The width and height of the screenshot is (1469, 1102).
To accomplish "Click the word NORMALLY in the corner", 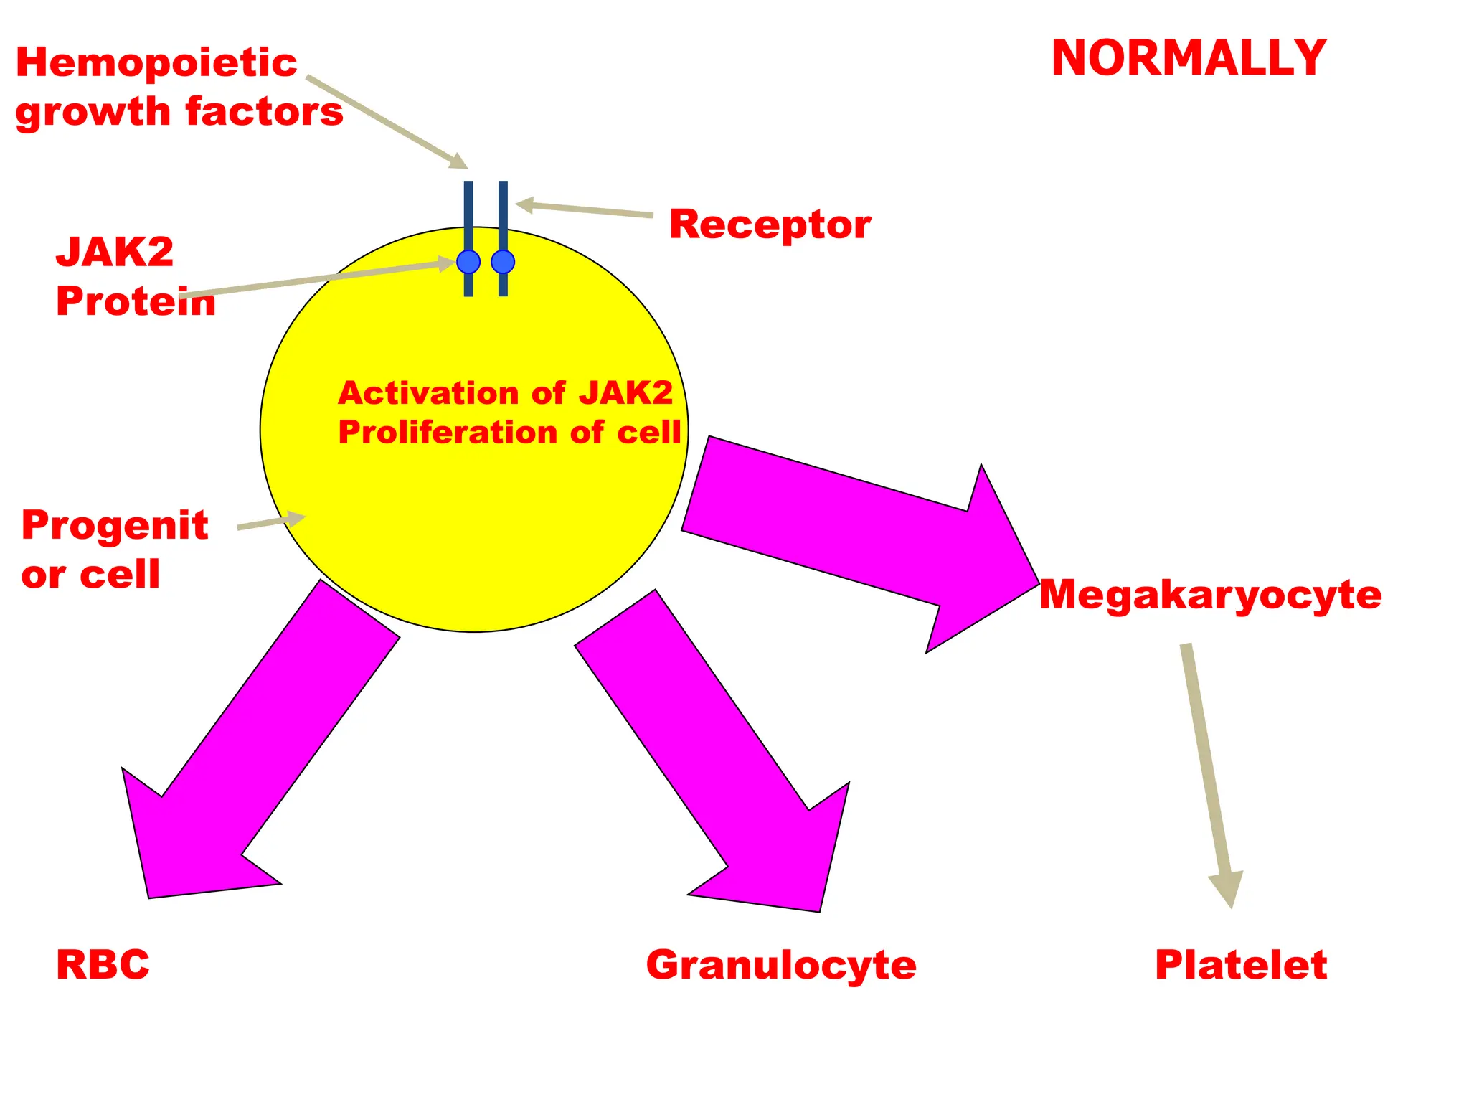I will (x=1189, y=58).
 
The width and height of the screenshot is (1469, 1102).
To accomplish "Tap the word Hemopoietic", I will (x=156, y=62).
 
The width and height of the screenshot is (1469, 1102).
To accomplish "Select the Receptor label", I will (x=770, y=225).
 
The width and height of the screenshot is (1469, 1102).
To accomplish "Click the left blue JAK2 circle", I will (x=468, y=262).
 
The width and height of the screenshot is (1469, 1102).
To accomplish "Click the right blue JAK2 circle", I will (x=503, y=262).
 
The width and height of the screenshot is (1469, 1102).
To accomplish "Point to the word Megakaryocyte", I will (x=1210, y=595).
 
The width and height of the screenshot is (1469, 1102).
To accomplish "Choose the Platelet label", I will (x=1241, y=964).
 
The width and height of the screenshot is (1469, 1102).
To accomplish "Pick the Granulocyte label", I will (x=781, y=965).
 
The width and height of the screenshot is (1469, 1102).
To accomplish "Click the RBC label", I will (x=103, y=964).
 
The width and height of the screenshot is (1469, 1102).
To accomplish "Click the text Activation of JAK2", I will (x=506, y=393).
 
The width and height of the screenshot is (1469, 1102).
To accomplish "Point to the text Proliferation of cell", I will (x=509, y=433).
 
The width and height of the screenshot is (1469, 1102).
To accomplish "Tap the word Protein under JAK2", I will (x=136, y=301).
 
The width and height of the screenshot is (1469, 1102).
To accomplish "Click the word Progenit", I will (x=115, y=525).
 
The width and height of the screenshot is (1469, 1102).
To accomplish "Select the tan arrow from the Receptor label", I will (x=585, y=209).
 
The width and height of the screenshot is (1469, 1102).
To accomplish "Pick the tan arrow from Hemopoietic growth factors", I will (x=387, y=122).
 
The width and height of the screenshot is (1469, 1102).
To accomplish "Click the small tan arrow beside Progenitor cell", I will (x=270, y=522).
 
